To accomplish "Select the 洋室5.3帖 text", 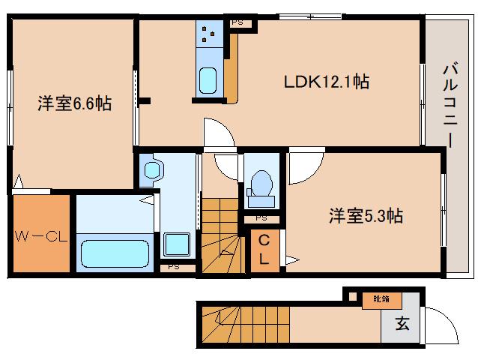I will [366, 217].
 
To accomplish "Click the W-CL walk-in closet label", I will [41, 238].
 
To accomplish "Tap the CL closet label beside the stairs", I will [265, 250].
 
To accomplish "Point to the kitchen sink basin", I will [207, 78].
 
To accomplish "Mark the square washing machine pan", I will [178, 244].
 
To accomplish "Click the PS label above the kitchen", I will [237, 22].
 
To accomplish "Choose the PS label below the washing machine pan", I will [174, 265].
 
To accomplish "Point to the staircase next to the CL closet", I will [222, 232].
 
